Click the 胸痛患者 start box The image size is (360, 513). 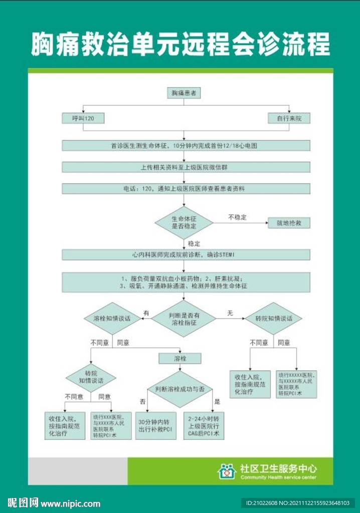point(184,93)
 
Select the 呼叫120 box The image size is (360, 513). point(83,118)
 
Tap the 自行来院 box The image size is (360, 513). point(289,118)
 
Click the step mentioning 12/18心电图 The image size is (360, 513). point(184,146)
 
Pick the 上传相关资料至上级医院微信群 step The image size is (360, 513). point(184,167)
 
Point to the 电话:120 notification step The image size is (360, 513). point(184,188)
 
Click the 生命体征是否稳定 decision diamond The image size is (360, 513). point(184,222)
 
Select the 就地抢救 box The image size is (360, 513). point(289,222)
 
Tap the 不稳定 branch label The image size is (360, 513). point(237,217)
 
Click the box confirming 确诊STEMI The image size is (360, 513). point(184,255)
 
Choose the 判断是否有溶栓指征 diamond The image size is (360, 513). point(184,319)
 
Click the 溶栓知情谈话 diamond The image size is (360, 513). point(111,319)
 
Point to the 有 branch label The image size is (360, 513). point(146,313)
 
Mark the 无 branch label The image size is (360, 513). point(230,313)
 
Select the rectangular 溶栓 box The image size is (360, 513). point(179,358)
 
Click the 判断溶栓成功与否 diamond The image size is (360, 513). point(179,389)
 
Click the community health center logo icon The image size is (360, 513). point(227,471)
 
